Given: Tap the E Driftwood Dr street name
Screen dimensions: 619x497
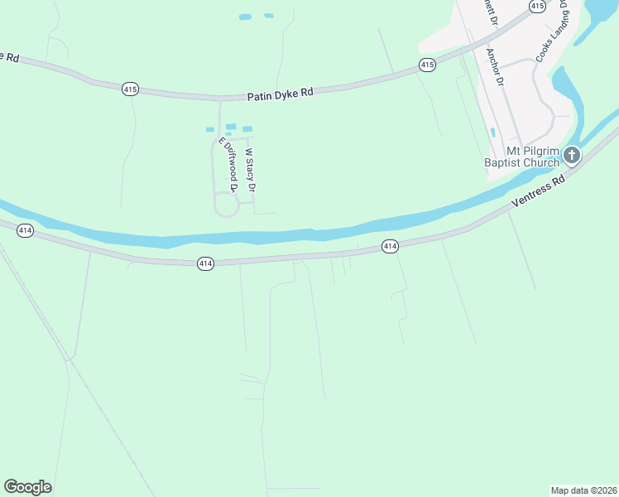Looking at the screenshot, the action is click(x=228, y=165).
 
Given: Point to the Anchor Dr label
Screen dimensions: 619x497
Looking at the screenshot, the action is click(x=495, y=67).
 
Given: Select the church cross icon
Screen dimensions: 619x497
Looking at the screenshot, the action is click(x=572, y=155).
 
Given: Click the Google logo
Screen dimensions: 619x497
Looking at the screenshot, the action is click(x=28, y=487).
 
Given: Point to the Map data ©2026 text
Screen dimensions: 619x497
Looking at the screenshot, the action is click(x=583, y=490).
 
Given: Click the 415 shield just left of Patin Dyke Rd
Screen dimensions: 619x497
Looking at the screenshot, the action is click(x=130, y=89).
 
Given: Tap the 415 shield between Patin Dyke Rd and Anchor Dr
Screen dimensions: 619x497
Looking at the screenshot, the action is click(x=427, y=64).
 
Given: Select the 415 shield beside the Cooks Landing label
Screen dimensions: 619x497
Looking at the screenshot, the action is click(x=537, y=6).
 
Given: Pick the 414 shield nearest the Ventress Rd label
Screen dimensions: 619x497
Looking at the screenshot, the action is click(x=390, y=246).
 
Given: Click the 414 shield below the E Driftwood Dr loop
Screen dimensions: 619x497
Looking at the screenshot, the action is click(x=206, y=263).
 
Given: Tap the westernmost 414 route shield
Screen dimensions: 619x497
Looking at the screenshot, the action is click(x=25, y=230).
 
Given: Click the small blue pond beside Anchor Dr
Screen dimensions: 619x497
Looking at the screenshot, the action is click(x=493, y=132).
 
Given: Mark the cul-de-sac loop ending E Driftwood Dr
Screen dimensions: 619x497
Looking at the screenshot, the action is click(x=226, y=205).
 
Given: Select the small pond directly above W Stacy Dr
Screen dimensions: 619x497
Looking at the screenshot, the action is click(x=247, y=128).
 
